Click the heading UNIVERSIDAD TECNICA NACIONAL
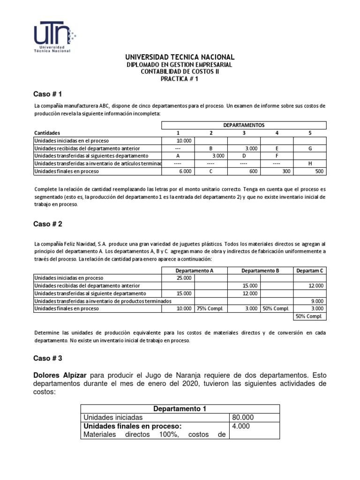180,57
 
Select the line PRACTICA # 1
180,79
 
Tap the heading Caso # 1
48,94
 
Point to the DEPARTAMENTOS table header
244,125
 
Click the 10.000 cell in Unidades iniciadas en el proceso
184,140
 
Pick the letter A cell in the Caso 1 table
178,156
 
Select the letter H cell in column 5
310,163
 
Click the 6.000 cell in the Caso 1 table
184,171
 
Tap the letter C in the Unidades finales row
211,171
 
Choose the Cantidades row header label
47,133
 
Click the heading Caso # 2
48,224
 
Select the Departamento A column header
195,270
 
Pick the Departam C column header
310,270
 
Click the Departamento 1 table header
180,409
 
